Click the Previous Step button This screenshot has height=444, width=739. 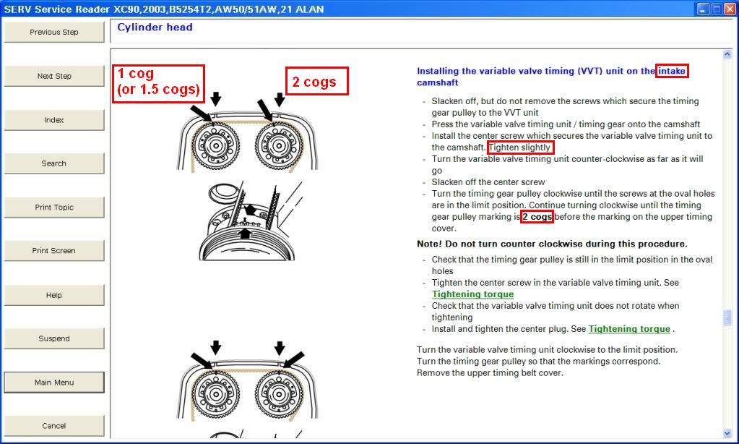54,32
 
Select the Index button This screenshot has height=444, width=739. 54,120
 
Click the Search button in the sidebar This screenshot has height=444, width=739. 54,163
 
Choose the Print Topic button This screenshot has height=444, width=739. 54,207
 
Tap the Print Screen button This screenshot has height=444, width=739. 54,250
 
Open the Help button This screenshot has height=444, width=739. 54,295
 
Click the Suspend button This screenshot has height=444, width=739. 54,338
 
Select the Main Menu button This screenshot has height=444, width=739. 54,383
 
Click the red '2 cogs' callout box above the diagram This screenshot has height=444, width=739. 316,81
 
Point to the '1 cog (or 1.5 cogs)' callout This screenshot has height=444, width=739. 158,83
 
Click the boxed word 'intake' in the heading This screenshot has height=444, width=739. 672,72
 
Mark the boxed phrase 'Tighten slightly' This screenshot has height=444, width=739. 520,148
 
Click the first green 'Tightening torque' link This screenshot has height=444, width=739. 472,294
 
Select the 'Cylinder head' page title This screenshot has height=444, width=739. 155,27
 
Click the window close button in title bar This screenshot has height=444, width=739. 730,9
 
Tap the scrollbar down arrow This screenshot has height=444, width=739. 727,433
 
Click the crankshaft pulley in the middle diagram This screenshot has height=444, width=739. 247,243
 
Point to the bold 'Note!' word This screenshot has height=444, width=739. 429,244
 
